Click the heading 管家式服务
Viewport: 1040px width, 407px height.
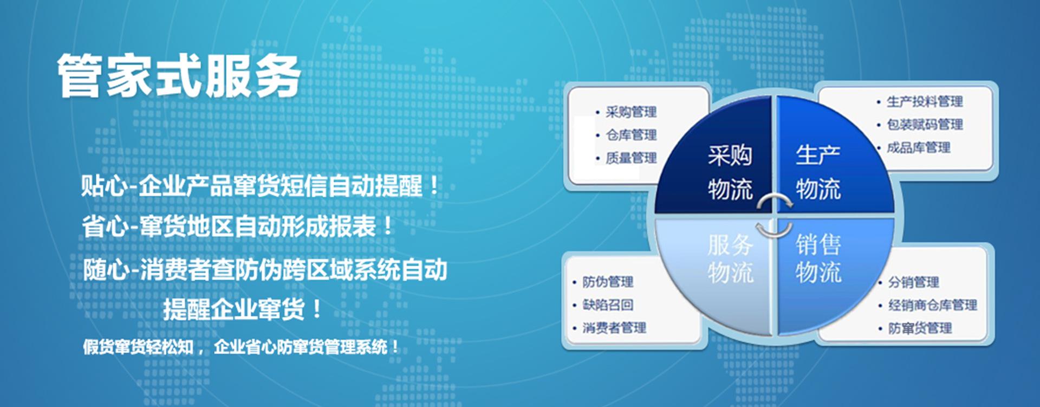(179, 76)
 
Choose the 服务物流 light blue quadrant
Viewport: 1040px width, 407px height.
(726, 260)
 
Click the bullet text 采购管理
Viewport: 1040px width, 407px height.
(631, 112)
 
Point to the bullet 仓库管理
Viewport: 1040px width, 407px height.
(631, 135)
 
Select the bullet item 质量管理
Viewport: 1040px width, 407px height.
(631, 158)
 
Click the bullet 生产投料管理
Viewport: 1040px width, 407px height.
(924, 101)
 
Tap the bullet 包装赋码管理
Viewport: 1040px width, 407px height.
(924, 125)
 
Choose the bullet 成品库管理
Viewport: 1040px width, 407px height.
(918, 147)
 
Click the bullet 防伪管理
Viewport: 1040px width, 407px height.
(608, 282)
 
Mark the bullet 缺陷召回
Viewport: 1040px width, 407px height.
(608, 305)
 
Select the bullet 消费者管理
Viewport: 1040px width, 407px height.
(614, 328)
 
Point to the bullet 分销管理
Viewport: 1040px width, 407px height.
(913, 282)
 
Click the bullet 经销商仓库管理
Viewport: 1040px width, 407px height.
(932, 305)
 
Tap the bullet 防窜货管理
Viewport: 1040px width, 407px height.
(920, 328)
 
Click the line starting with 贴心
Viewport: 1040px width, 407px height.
(260, 186)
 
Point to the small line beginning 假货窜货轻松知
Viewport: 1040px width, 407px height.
(241, 347)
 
